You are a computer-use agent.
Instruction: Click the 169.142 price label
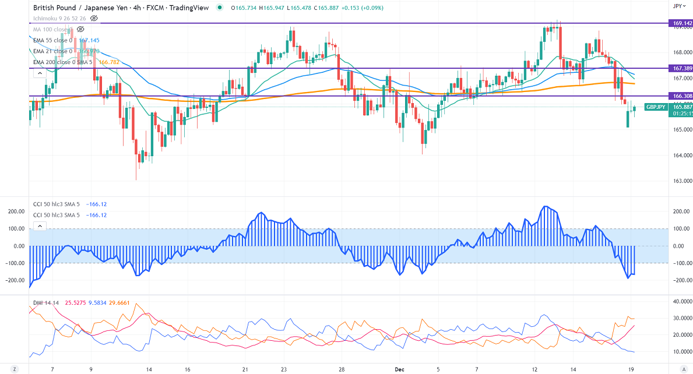pos(681,23)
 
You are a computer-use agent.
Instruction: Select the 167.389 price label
pos(681,68)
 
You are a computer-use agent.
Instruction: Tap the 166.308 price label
pos(681,96)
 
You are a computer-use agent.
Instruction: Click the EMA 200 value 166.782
pos(109,62)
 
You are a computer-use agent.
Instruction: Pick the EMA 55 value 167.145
pos(89,40)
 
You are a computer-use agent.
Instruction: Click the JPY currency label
pos(677,6)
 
